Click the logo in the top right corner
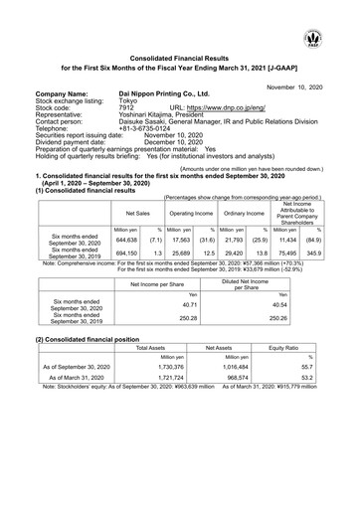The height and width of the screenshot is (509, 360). [342, 13]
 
